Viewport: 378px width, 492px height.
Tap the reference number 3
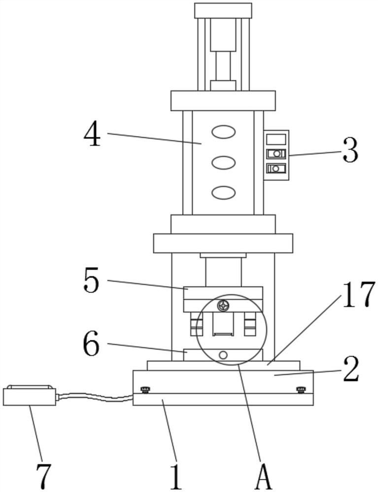pyautogui.click(x=350, y=151)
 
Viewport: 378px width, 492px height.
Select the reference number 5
pyautogui.click(x=91, y=280)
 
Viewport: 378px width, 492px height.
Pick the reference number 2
pyautogui.click(x=351, y=369)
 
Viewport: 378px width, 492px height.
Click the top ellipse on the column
pyautogui.click(x=223, y=132)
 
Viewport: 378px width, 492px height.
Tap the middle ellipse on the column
pyautogui.click(x=223, y=162)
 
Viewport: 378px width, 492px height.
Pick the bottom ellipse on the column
pyautogui.click(x=223, y=192)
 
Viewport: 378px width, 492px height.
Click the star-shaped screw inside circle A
pyautogui.click(x=223, y=306)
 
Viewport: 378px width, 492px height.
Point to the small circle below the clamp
pyautogui.click(x=223, y=355)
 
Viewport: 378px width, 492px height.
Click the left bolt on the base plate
pyautogui.click(x=145, y=390)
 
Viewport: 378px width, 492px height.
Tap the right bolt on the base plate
pyautogui.click(x=301, y=390)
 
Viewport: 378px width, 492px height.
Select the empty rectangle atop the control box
pyautogui.click(x=276, y=139)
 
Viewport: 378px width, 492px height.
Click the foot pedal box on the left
pyautogui.click(x=30, y=396)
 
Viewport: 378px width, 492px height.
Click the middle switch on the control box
pyautogui.click(x=276, y=154)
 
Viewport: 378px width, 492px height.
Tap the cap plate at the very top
pyautogui.click(x=223, y=11)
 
